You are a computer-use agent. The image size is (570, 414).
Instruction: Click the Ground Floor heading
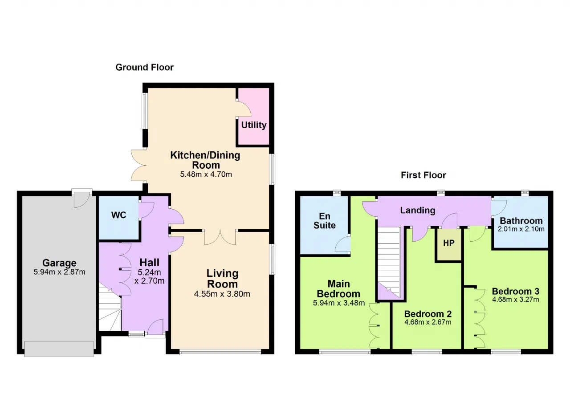[x=144, y=67]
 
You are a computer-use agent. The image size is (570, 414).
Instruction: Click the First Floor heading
[x=423, y=175]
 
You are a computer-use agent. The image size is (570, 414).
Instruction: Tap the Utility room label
[x=254, y=125]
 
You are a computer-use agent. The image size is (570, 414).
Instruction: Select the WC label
[x=118, y=215]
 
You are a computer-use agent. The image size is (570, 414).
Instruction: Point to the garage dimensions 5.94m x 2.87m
[x=59, y=272]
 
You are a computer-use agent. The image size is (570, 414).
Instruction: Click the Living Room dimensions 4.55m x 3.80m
[x=222, y=294]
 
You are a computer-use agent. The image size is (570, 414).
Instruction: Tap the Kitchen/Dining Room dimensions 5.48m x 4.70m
[x=206, y=174]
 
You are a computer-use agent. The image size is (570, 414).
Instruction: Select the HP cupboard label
[x=448, y=243]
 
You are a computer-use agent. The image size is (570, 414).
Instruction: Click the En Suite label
[x=325, y=220]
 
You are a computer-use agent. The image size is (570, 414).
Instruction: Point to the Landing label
[x=418, y=210]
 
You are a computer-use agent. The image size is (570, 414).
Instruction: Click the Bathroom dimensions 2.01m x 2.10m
[x=521, y=229]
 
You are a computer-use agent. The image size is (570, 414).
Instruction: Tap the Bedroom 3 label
[x=516, y=291]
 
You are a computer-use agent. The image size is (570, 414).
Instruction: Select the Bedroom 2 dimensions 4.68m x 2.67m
[x=428, y=322]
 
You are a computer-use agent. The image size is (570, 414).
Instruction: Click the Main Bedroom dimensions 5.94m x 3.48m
[x=339, y=303]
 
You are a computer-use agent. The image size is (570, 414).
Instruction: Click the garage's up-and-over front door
[x=59, y=349]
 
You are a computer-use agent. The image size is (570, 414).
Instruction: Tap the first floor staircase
[x=389, y=262]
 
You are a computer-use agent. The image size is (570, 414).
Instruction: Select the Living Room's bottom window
[x=220, y=352]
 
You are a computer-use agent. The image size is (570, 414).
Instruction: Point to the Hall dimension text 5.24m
[x=149, y=272]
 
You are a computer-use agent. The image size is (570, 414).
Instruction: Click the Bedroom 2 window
[x=427, y=352]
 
